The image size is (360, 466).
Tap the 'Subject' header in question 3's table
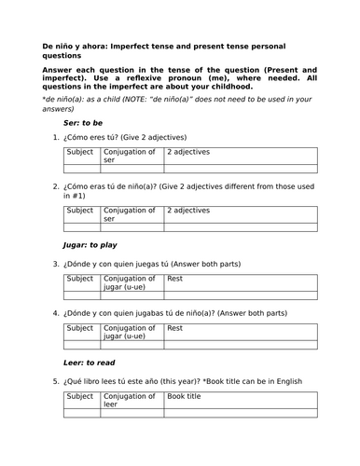coord(81,278)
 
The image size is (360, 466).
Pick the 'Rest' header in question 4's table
coord(175,328)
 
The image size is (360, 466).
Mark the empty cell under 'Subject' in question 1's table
coord(81,169)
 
